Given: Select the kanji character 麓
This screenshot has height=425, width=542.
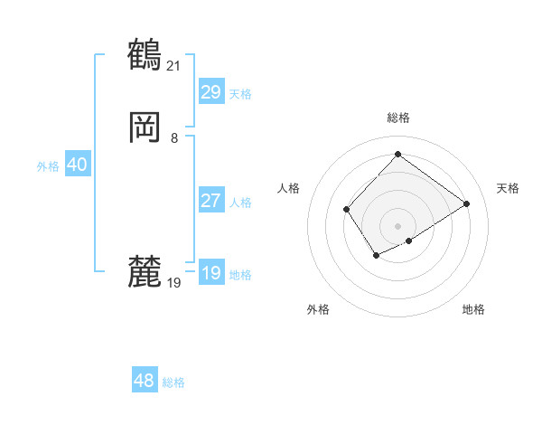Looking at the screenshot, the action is point(145,270).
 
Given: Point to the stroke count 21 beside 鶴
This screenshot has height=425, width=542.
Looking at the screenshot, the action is point(174,65).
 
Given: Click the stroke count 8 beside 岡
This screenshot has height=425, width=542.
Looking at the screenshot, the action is point(174,138).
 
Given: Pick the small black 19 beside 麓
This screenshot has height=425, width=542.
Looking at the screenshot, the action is point(174,283).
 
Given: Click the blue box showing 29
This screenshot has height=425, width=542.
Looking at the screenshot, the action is point(210,92).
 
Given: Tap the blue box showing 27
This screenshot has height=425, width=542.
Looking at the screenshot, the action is point(210,201).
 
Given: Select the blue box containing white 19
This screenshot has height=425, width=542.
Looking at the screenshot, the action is point(210,273).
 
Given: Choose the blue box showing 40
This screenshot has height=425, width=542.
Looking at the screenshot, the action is point(77,165).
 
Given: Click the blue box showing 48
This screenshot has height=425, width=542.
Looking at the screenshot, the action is point(145,381).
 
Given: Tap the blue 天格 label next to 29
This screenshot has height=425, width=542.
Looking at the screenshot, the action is point(240,94).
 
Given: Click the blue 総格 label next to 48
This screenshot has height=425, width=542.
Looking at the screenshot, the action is point(173,382).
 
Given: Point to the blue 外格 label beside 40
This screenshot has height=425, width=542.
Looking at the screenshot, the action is point(48,166).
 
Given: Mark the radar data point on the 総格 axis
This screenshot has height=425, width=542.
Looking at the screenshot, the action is point(397,154).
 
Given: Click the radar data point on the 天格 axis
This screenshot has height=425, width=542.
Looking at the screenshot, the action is point(467,203).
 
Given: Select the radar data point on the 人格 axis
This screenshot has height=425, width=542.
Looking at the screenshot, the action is point(347,210).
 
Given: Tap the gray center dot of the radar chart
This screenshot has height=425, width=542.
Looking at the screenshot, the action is point(397,226).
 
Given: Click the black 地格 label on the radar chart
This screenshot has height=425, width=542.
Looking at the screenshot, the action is point(473,309).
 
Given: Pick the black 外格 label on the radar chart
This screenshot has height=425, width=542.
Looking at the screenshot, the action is point(318,309).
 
